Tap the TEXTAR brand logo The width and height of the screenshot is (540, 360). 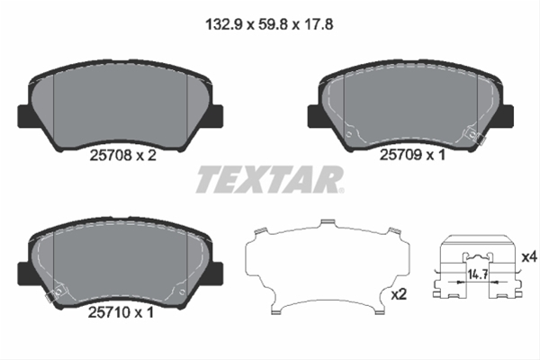click(269, 180)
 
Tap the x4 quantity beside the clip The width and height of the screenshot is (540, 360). click(529, 257)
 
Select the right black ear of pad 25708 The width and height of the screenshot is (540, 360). click(216, 116)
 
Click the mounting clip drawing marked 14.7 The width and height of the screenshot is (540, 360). click(477, 270)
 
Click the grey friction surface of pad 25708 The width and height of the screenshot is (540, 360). click(121, 103)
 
